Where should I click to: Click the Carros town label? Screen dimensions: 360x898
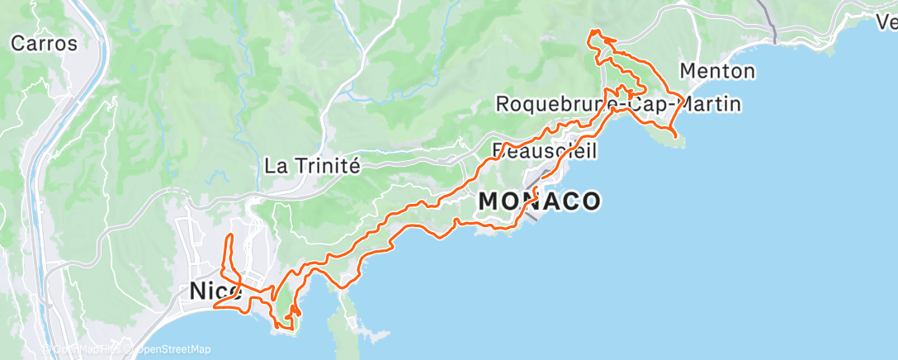pyautogui.click(x=44, y=43)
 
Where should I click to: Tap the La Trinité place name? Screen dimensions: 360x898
pyautogui.click(x=313, y=164)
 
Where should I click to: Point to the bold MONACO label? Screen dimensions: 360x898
pyautogui.click(x=539, y=201)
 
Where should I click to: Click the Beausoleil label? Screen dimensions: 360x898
pyautogui.click(x=545, y=151)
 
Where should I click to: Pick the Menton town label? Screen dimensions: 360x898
pyautogui.click(x=716, y=70)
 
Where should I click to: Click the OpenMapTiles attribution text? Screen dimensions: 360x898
pyautogui.click(x=87, y=350)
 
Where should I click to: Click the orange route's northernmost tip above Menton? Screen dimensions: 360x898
pyautogui.click(x=592, y=31)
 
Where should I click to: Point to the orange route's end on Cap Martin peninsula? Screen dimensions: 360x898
pyautogui.click(x=675, y=135)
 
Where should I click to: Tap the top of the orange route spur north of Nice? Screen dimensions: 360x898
pyautogui.click(x=229, y=236)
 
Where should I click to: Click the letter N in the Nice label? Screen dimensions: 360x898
pyautogui.click(x=198, y=291)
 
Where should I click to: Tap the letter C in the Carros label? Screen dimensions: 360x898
pyautogui.click(x=17, y=43)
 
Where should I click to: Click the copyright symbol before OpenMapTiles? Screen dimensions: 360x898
pyautogui.click(x=47, y=350)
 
